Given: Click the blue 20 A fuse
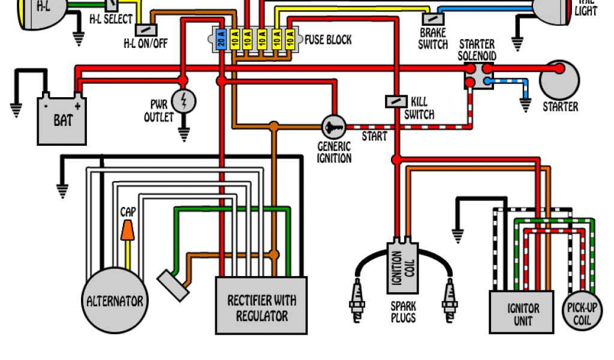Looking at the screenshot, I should (x=221, y=40).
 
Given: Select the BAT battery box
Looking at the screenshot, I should (x=62, y=119).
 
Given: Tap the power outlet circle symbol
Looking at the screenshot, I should (x=183, y=100).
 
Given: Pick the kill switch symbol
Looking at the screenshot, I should (x=396, y=101).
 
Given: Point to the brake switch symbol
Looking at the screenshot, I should (x=432, y=19).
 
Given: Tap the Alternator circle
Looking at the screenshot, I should (x=115, y=300).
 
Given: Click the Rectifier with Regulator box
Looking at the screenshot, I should (x=261, y=305).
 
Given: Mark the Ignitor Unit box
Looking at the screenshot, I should (x=522, y=312).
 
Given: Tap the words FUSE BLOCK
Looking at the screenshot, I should (x=328, y=40).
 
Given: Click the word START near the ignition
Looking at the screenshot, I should (x=374, y=136).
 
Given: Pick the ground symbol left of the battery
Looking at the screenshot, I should (x=16, y=109).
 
